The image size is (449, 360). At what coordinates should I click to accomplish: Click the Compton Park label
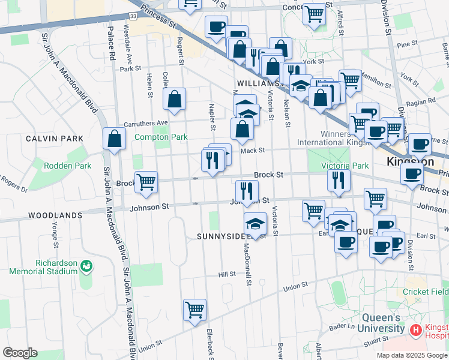pyautogui.click(x=161, y=137)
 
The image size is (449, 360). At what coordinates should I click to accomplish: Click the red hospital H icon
pyautogui.click(x=415, y=330)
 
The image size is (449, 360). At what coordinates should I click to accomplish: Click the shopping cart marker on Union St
pyautogui.click(x=194, y=310)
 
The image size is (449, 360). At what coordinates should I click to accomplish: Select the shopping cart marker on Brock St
pyautogui.click(x=146, y=182)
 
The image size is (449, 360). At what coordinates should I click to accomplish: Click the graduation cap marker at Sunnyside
pyautogui.click(x=255, y=224)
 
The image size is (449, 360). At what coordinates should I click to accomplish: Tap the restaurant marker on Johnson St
pyautogui.click(x=247, y=191)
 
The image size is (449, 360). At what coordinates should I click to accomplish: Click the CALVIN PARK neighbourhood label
pyautogui.click(x=55, y=138)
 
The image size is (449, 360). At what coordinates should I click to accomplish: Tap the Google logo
pyautogui.click(x=20, y=353)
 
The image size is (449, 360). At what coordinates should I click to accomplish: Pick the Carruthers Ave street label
pyautogui.click(x=145, y=123)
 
